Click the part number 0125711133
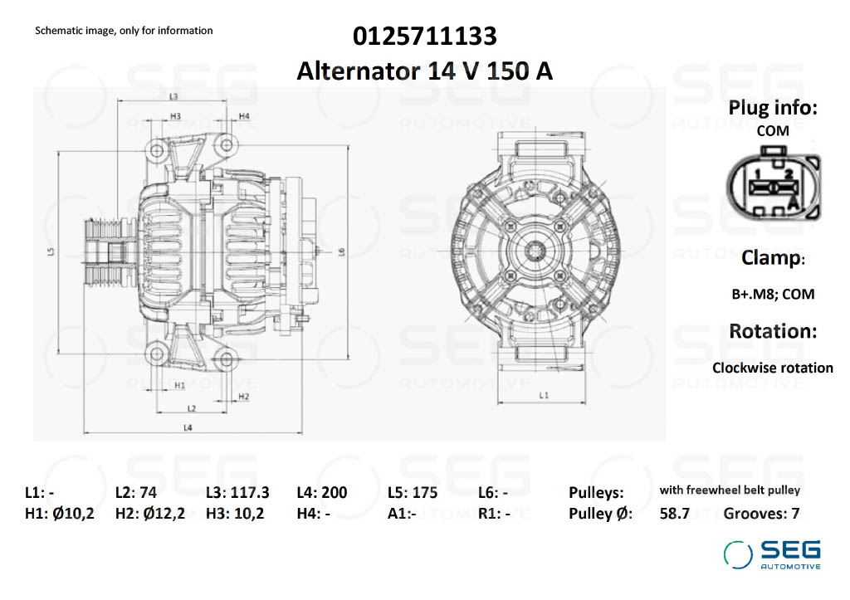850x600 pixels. point(425,37)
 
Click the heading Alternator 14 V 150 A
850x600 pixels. point(425,71)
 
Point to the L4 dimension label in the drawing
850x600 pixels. point(188,427)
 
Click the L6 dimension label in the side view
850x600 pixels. point(341,251)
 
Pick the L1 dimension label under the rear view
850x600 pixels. point(543,396)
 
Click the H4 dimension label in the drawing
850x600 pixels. point(244,115)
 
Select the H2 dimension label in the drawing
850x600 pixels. point(243,397)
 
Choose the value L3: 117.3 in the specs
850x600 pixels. point(237,492)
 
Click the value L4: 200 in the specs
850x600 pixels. point(321,492)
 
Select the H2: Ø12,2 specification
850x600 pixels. point(150,513)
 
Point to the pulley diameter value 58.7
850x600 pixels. point(674,513)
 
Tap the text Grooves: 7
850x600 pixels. point(761,513)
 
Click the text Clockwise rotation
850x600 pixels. point(772,368)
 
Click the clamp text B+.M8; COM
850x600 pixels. point(772,294)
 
